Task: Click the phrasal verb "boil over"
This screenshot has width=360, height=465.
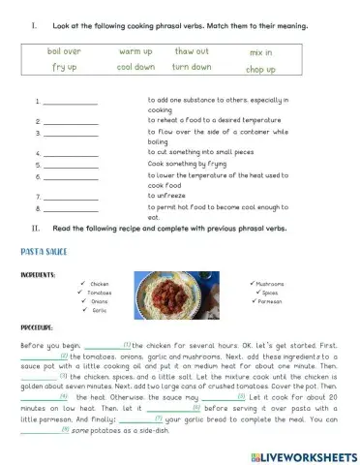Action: click(65, 49)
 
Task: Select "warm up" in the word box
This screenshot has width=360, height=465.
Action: click(135, 50)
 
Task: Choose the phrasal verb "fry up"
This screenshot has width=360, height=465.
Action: click(65, 68)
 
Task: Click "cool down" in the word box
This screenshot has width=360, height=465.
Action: click(135, 68)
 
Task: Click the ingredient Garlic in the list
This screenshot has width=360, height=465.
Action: click(98, 311)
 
